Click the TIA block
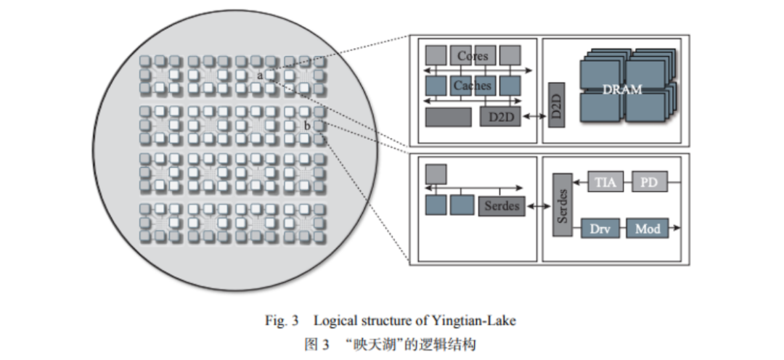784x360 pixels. [x=605, y=182]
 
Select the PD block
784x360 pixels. [x=650, y=182]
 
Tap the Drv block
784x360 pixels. [x=600, y=229]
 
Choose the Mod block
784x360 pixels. [x=648, y=229]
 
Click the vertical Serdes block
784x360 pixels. [x=563, y=205]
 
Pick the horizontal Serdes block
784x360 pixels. [x=502, y=206]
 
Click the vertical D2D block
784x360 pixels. [x=557, y=105]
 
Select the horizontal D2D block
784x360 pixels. [x=500, y=117]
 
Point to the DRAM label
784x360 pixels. [x=622, y=90]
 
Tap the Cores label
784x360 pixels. [x=473, y=56]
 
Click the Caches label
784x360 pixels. [x=473, y=86]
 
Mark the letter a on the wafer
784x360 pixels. [x=260, y=76]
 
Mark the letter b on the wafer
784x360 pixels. [x=306, y=126]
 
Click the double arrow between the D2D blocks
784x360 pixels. [x=534, y=117]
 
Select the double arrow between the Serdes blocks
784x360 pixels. [x=539, y=206]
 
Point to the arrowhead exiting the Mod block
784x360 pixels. [x=677, y=229]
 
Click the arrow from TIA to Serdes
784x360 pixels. [x=581, y=182]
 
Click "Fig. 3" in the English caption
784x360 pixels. [x=282, y=321]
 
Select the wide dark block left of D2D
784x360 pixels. [x=448, y=117]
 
